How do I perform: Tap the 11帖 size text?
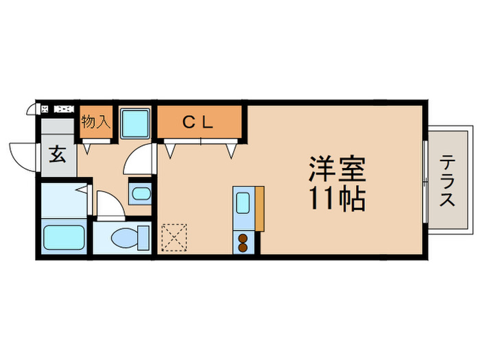pos(336,198)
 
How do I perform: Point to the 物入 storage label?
pos(95,122)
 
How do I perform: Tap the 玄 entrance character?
pos(58,154)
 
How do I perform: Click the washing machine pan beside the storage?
pos(136,123)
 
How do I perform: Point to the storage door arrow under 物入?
pos(88,145)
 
